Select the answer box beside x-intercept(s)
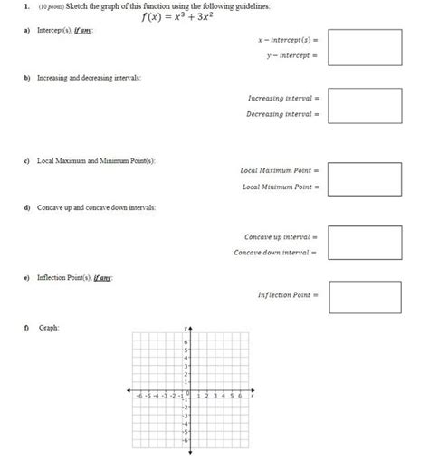[x=365, y=47]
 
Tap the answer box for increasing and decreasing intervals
[x=365, y=105]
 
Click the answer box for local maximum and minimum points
[x=365, y=178]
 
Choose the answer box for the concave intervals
[x=365, y=243]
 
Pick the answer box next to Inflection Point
[x=365, y=296]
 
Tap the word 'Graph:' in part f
[x=48, y=327]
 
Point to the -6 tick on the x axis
[x=138, y=397]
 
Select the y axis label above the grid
[x=185, y=328]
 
